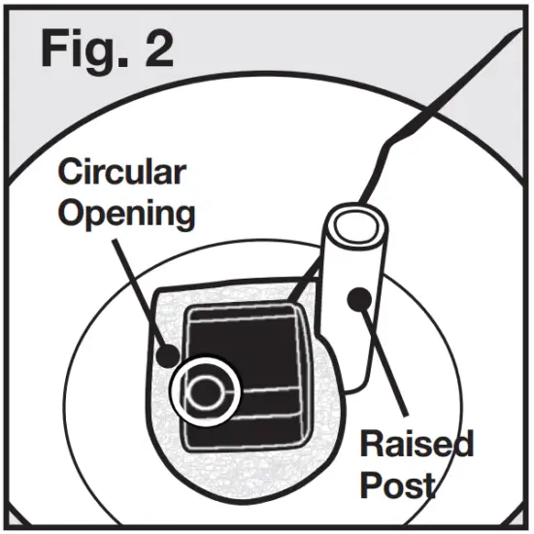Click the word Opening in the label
click(x=126, y=213)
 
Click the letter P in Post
click(x=372, y=484)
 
